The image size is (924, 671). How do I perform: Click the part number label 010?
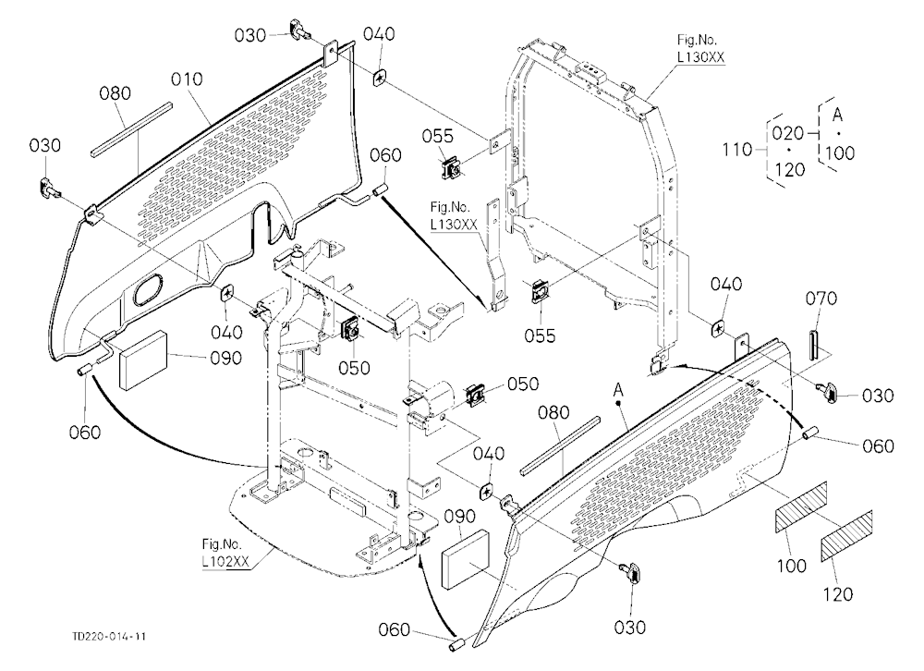[187, 79]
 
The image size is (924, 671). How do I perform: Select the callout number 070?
[821, 299]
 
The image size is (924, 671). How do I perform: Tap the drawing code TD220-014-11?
[109, 637]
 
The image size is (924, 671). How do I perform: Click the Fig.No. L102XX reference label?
[224, 553]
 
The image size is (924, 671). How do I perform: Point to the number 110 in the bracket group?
[737, 150]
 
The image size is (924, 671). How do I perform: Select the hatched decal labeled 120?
[846, 536]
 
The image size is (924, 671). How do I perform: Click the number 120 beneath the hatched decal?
[837, 593]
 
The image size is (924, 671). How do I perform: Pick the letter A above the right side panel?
[617, 389]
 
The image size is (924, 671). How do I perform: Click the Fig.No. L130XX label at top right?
[699, 48]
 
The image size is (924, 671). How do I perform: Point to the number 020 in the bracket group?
[788, 133]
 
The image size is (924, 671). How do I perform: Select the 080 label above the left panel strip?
[115, 93]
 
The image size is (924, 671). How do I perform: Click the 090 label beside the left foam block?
[226, 358]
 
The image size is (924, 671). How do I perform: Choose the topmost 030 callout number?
[250, 35]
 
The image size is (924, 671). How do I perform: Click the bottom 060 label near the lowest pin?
[395, 629]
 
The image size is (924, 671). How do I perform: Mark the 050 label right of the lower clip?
[523, 384]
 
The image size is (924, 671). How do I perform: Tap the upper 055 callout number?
[438, 136]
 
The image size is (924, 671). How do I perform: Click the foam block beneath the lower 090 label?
[466, 559]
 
